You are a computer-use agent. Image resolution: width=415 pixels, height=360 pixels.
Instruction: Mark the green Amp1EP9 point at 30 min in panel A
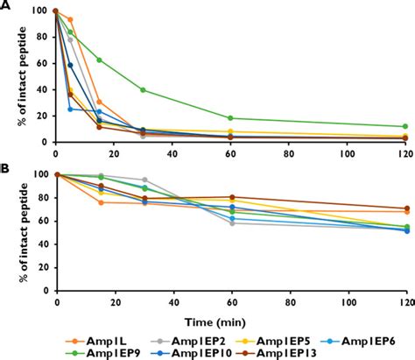point(143,90)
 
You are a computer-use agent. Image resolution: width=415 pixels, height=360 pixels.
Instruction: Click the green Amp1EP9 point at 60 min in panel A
point(231,118)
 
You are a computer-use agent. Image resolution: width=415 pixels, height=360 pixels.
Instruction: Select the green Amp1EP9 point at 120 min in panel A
point(405,126)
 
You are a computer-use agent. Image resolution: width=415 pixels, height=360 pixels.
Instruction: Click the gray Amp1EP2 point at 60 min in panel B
point(231,223)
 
